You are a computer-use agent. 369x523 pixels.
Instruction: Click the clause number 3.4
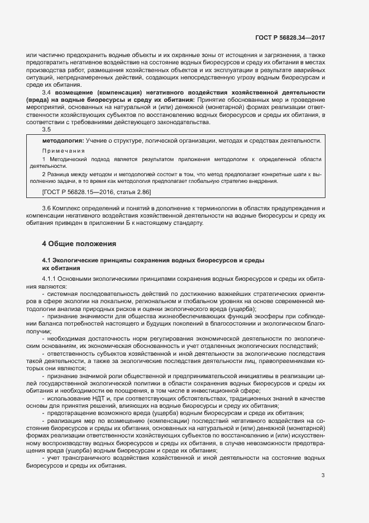click(47, 91)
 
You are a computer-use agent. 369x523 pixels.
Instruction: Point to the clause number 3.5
click(47, 130)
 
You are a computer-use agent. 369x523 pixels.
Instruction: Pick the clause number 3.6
click(47, 208)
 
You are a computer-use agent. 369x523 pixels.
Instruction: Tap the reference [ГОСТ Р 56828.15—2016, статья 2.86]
click(96, 191)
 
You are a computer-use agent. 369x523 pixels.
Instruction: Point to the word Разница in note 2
click(61, 174)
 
